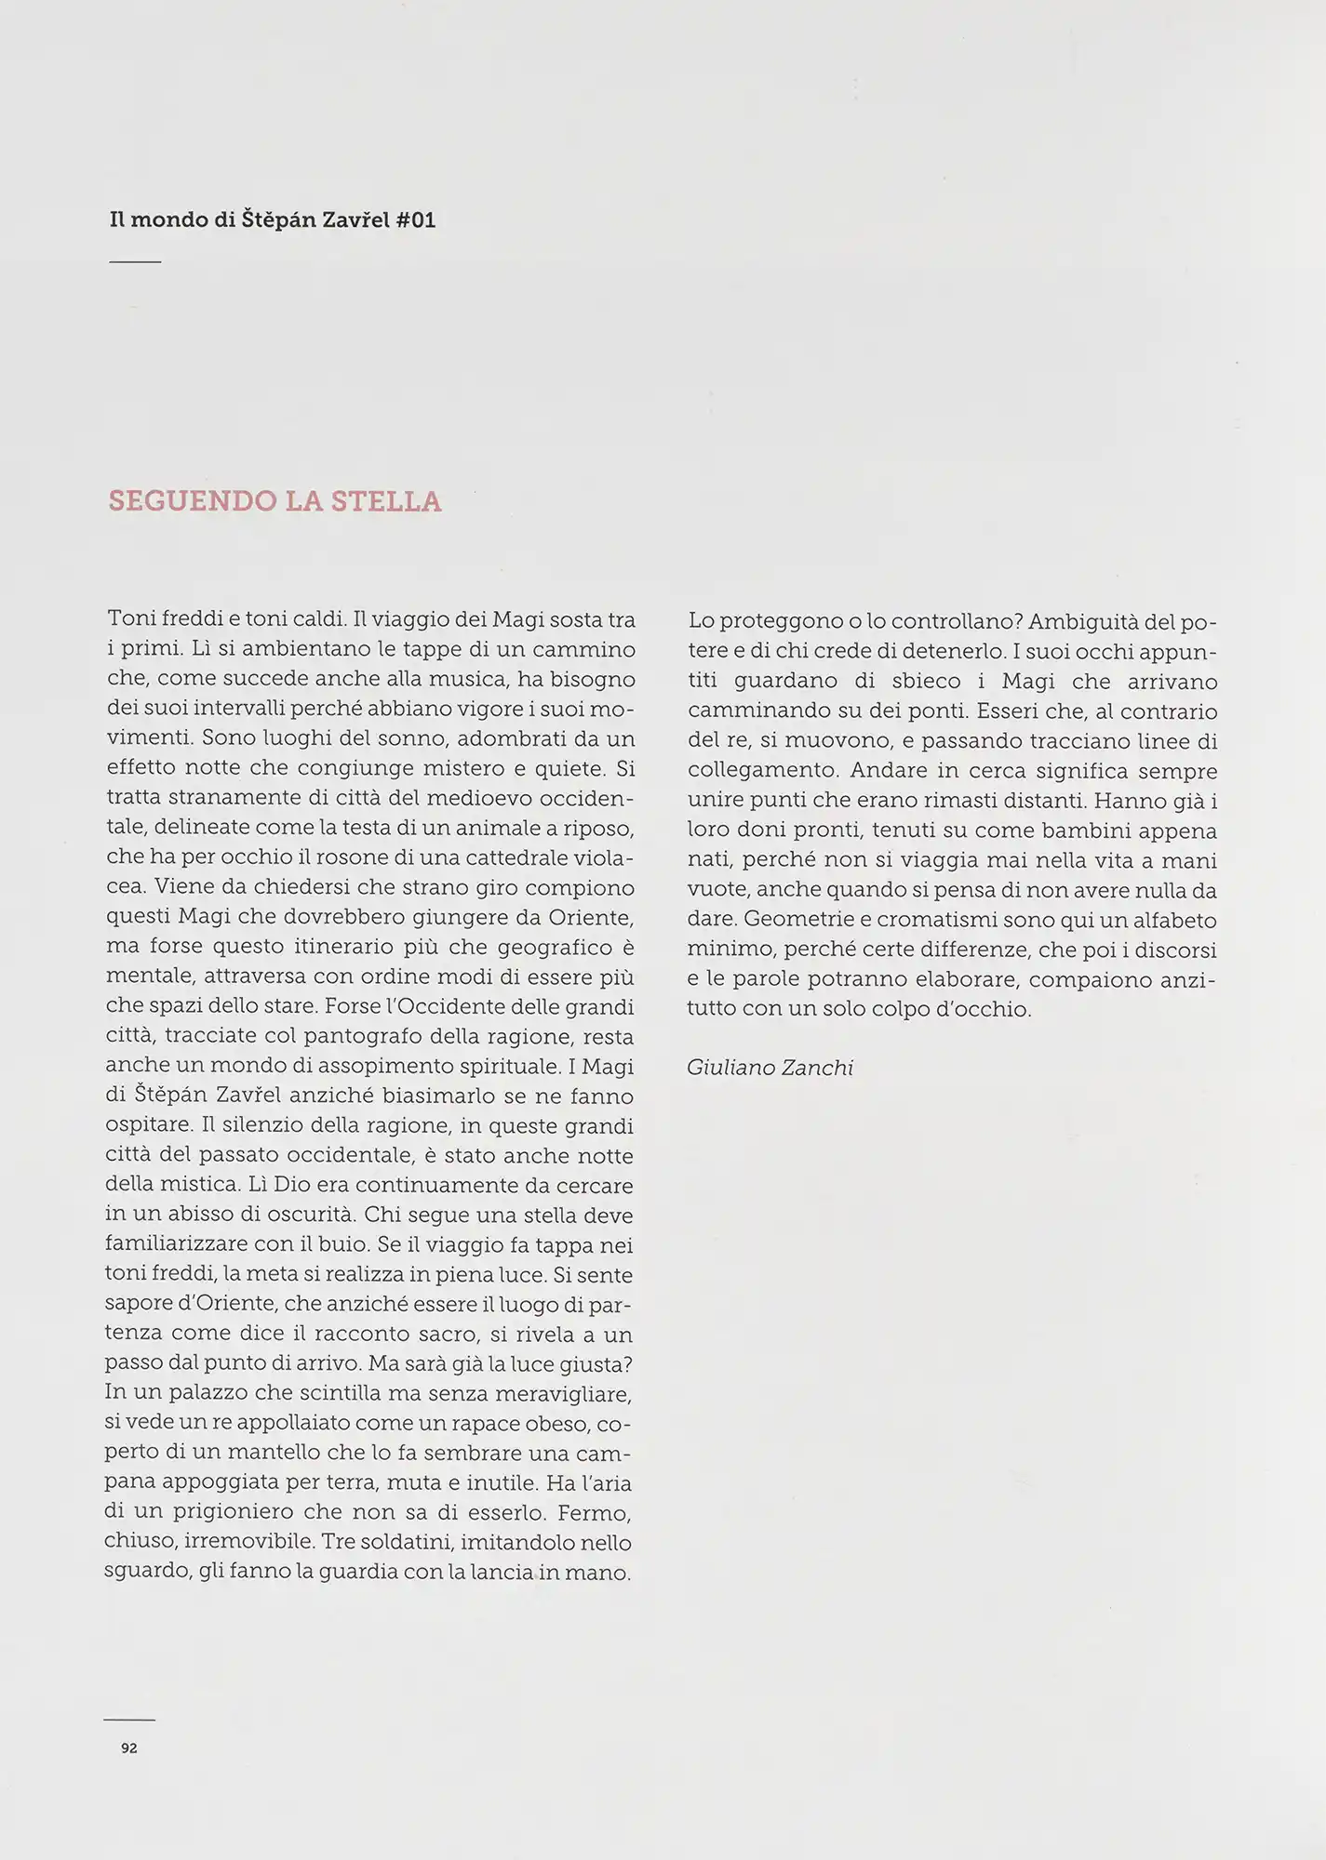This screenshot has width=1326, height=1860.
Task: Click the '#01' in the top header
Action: pyautogui.click(x=416, y=220)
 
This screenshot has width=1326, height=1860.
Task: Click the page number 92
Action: pyautogui.click(x=129, y=1748)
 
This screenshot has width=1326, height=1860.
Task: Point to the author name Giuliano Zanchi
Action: pyautogui.click(x=770, y=1068)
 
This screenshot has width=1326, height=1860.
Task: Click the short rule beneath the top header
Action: pyautogui.click(x=135, y=262)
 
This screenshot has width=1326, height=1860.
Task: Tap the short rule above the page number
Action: pyautogui.click(x=129, y=1720)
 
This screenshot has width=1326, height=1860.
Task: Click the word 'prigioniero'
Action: pyautogui.click(x=238, y=1512)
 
